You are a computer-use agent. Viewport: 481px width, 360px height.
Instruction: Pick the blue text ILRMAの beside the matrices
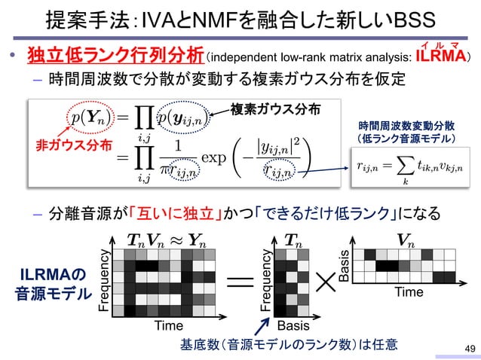47,273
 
